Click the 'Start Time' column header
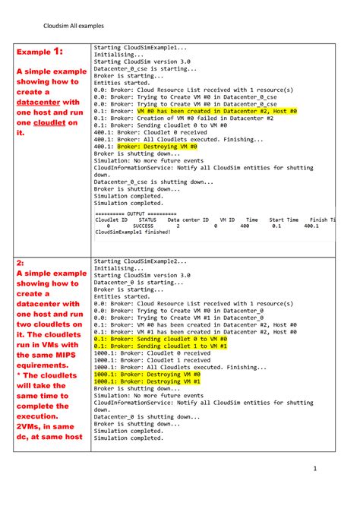point(283,220)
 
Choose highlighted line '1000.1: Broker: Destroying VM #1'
point(147,381)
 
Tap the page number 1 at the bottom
point(314,488)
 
